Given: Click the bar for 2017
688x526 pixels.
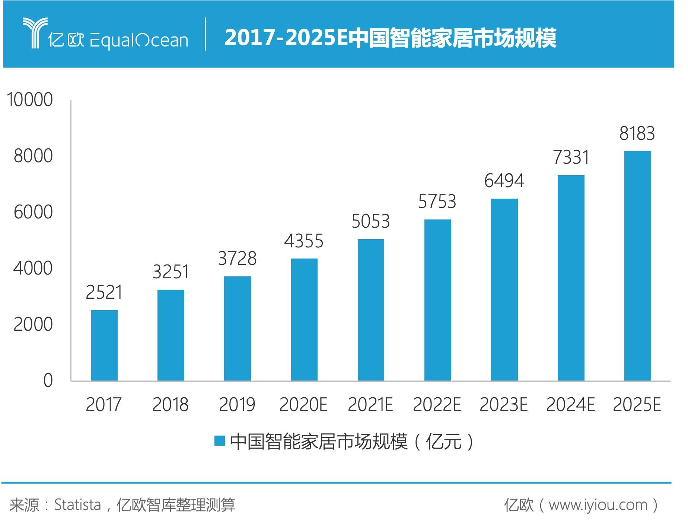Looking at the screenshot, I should click(104, 345).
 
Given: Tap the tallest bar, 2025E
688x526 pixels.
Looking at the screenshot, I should click(637, 266).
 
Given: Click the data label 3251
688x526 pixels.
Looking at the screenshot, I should click(171, 272).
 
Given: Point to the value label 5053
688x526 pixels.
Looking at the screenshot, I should click(370, 221).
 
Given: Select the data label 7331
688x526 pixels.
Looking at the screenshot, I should click(571, 157).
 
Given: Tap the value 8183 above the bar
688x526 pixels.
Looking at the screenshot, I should click(637, 134).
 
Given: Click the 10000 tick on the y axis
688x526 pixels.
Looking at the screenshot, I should click(30, 100).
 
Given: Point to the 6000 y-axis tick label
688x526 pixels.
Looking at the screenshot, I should click(33, 212).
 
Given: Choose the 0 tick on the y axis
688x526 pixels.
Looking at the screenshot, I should click(48, 381).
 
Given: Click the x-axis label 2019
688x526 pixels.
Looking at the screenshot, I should click(237, 405).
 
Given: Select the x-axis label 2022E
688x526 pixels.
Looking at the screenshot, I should click(437, 405).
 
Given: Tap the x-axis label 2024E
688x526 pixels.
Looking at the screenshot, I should click(570, 405).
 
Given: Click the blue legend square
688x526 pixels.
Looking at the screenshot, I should click(220, 441).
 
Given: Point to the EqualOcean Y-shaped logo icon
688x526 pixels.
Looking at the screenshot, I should click(35, 32).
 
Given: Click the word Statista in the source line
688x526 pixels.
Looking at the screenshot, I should click(77, 505).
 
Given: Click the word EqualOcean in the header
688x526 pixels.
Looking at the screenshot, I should click(138, 40).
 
